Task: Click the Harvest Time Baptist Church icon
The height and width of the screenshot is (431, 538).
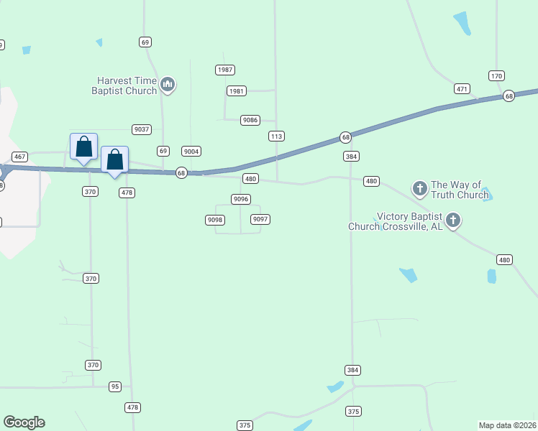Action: click(168, 85)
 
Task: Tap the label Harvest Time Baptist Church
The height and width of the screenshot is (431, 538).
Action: click(124, 85)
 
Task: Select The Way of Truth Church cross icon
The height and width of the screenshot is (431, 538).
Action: click(420, 189)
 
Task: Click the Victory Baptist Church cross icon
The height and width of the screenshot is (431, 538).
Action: click(452, 220)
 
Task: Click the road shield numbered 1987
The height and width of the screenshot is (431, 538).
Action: click(225, 70)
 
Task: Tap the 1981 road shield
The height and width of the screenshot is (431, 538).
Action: click(236, 91)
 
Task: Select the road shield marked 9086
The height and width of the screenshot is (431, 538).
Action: click(250, 120)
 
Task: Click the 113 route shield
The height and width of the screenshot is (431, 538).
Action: click(276, 136)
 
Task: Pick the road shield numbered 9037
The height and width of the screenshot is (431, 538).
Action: click(142, 129)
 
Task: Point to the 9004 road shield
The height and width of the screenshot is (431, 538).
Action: click(191, 151)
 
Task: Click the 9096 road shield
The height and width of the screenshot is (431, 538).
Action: click(240, 198)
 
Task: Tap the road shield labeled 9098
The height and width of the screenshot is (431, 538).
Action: click(214, 220)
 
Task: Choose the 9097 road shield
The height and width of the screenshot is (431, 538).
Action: click(260, 219)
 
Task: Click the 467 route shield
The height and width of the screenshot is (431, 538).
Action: click(19, 157)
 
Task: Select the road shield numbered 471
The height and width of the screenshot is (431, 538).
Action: click(462, 89)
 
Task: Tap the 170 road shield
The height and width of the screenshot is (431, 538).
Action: click(496, 76)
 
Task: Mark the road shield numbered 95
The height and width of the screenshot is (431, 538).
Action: click(115, 386)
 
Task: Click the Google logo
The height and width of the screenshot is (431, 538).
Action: click(24, 422)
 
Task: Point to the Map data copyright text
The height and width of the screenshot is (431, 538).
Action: click(507, 425)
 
